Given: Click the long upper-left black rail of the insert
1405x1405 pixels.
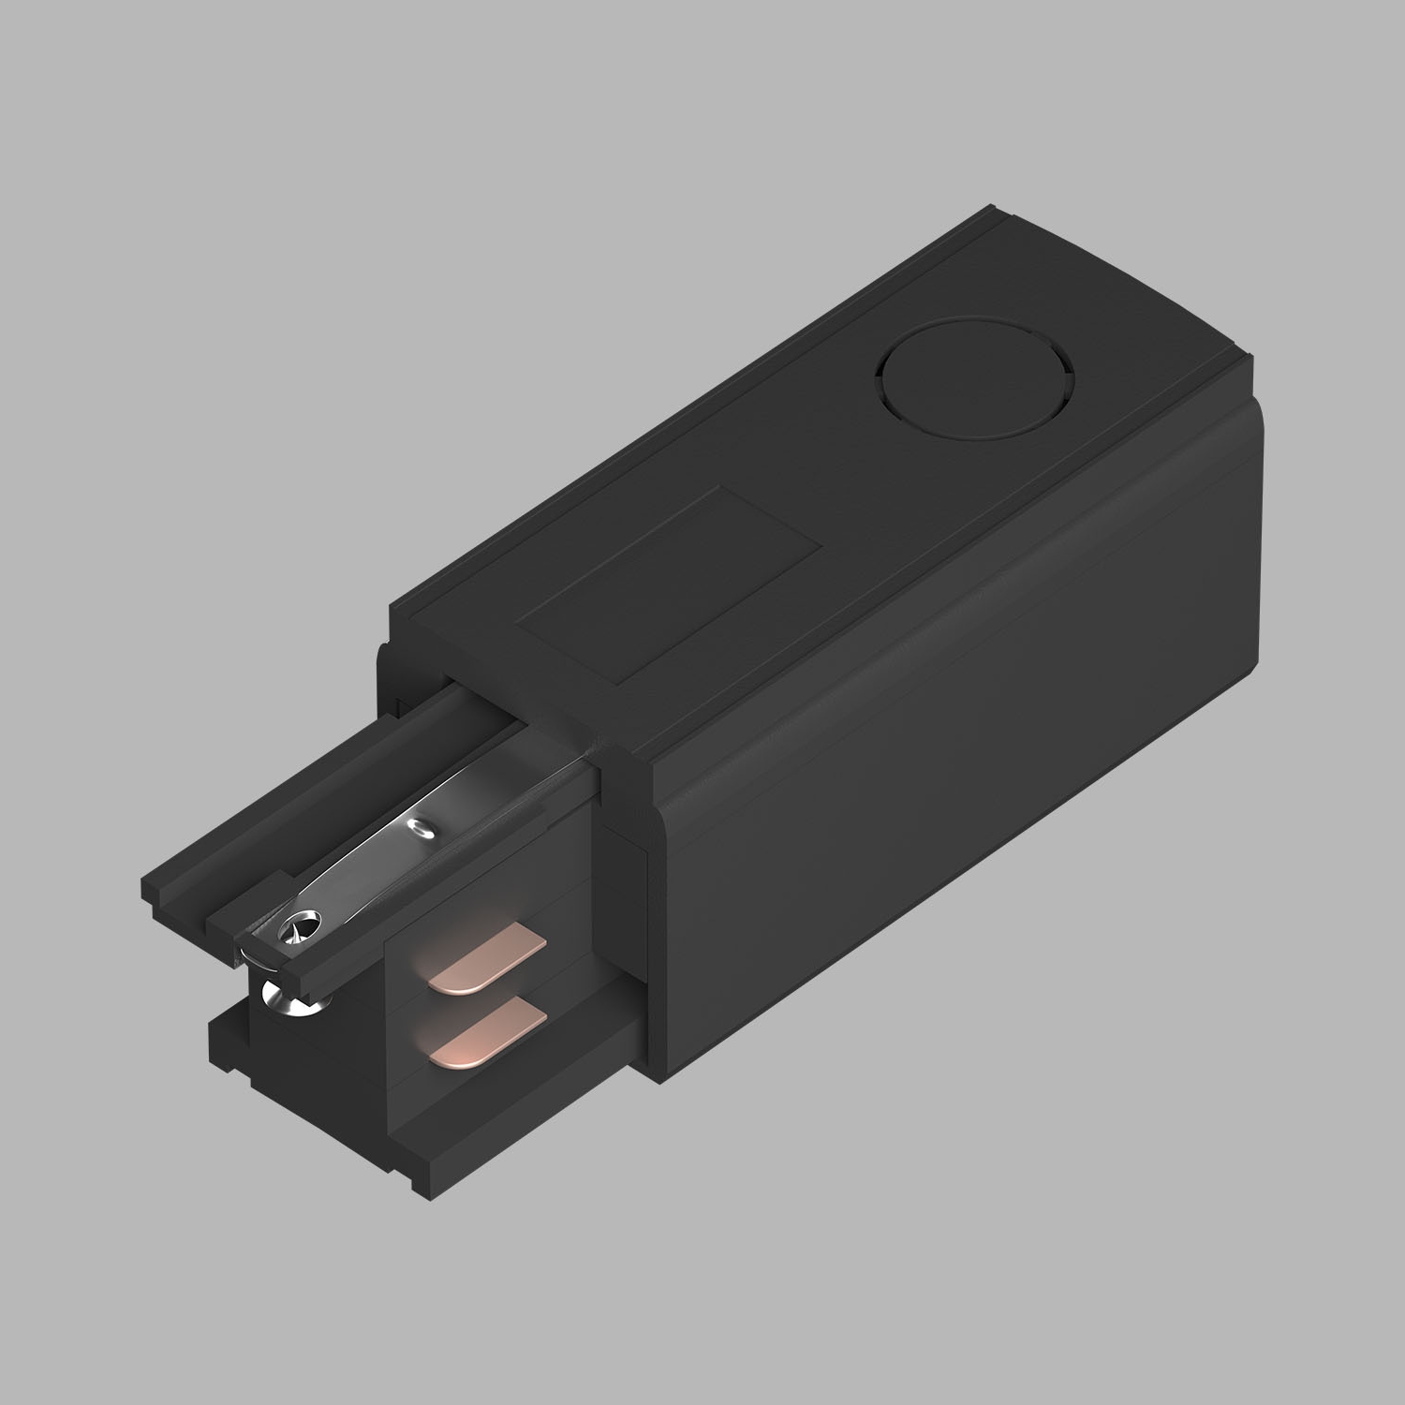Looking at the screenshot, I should pyautogui.click(x=309, y=806).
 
